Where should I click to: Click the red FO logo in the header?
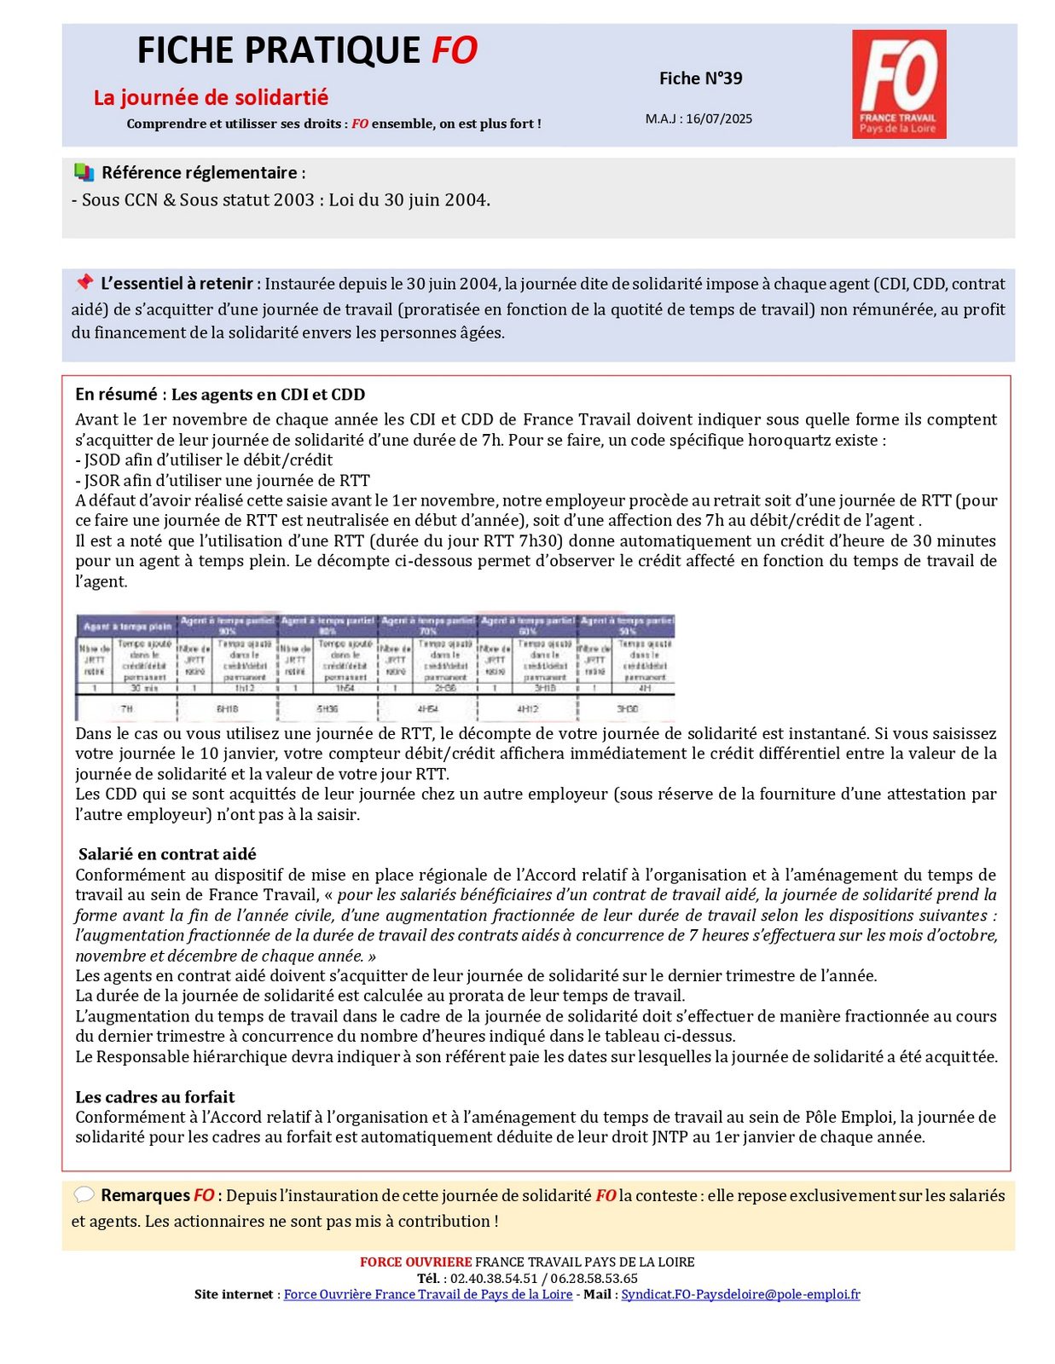point(898,84)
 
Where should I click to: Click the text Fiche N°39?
point(700,78)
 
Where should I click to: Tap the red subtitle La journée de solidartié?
point(211,97)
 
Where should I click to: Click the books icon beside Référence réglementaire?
point(84,172)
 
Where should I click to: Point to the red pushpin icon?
point(84,281)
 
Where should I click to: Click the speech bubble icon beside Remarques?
point(84,1194)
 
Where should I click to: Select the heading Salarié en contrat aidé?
point(167,854)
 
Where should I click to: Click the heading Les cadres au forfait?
point(154,1097)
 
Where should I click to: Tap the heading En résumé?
point(116,394)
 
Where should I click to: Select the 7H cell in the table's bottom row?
point(127,708)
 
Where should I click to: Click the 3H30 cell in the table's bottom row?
point(627,708)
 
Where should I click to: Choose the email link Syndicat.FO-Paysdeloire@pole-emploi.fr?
point(740,1294)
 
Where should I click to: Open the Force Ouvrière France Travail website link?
point(427,1294)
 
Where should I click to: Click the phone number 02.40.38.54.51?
point(494,1278)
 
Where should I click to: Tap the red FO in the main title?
point(454,50)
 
